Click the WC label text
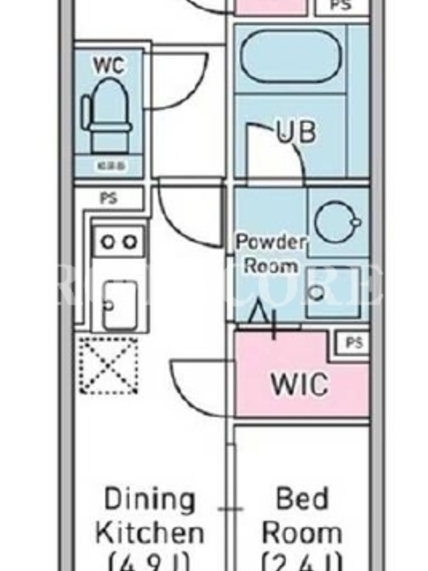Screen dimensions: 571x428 (109, 65)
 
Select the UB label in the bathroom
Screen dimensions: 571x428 (296, 133)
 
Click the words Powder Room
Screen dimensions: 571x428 (271, 253)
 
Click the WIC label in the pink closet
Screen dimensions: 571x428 (300, 384)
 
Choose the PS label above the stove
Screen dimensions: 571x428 (108, 199)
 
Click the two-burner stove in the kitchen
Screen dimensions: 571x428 (118, 241)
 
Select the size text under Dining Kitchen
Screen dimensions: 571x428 (150, 560)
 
